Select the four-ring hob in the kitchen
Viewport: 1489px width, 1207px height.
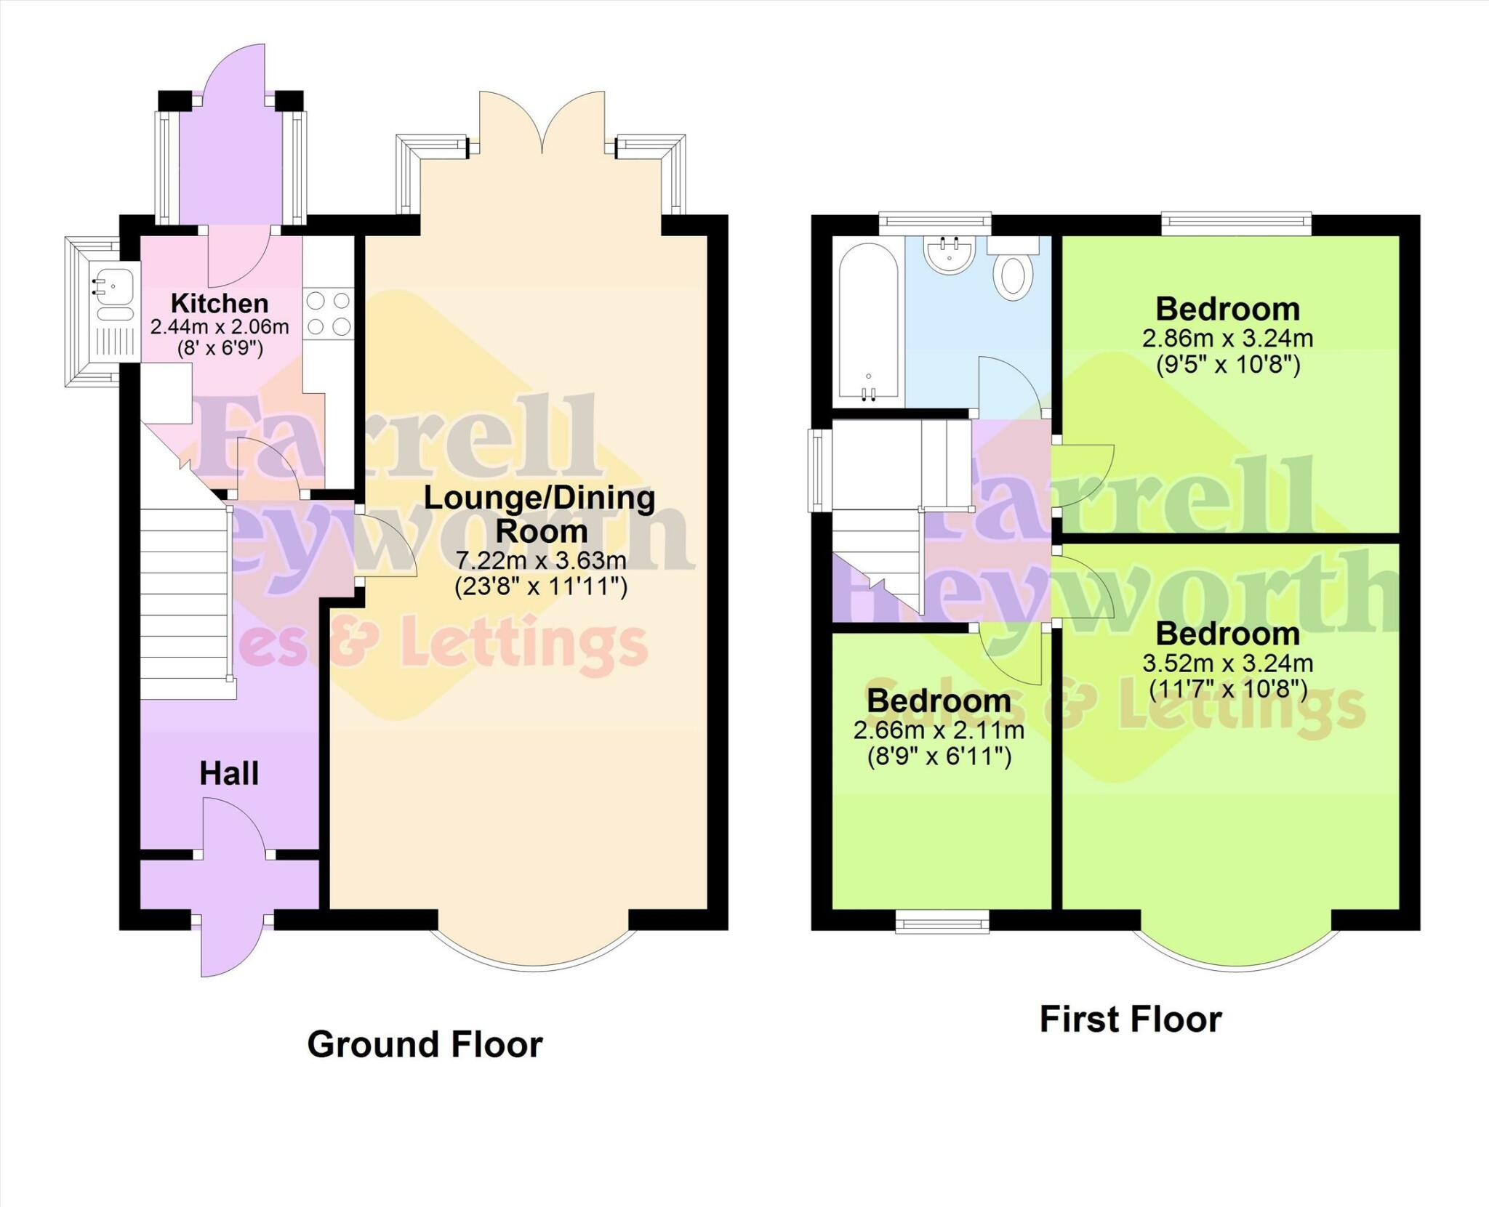click(329, 313)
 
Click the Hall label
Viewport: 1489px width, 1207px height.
click(229, 774)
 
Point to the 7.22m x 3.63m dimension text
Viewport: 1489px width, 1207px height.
click(541, 560)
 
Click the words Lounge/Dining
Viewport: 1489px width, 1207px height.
click(539, 498)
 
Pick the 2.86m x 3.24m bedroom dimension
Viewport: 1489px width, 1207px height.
click(1228, 339)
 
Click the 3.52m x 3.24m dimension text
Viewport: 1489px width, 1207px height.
click(1228, 663)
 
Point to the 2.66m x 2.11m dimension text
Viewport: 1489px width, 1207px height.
click(939, 730)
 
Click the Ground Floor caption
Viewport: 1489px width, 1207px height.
click(425, 1044)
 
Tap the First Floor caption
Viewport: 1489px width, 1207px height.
click(1131, 1019)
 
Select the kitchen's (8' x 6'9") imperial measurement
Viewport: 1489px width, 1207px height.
click(220, 349)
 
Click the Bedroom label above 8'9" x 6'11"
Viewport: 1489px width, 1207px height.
click(939, 701)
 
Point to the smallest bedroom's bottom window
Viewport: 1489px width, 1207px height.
click(942, 921)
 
